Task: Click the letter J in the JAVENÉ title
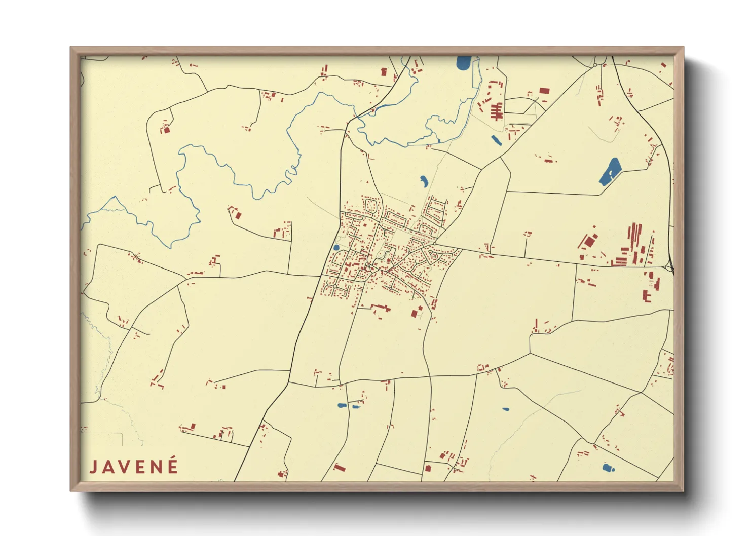(x=94, y=467)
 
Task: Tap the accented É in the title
(x=173, y=466)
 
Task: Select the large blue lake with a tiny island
(x=610, y=172)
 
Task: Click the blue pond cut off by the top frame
(x=463, y=63)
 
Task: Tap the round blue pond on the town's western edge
(x=336, y=248)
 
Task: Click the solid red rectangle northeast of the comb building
(x=544, y=91)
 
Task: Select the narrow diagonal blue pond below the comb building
(x=496, y=140)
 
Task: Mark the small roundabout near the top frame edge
(x=595, y=65)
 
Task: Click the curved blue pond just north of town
(x=424, y=180)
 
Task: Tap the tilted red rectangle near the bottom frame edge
(x=339, y=467)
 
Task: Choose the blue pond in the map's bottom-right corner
(x=608, y=468)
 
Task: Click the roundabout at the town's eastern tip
(x=435, y=244)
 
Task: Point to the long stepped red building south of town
(x=381, y=307)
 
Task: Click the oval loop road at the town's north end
(x=370, y=206)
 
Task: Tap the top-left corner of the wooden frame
(x=71, y=48)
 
